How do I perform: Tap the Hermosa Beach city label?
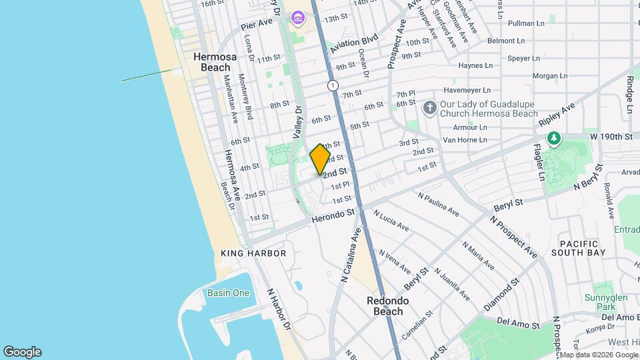211,62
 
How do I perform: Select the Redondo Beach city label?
387,306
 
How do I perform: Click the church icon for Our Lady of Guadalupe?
430,107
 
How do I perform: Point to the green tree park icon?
553,138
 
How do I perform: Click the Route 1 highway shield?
332,85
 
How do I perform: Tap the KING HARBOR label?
253,253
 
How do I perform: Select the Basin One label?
228,293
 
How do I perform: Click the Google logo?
22,352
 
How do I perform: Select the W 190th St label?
611,137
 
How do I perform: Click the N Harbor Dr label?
279,311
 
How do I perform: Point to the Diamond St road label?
501,293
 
